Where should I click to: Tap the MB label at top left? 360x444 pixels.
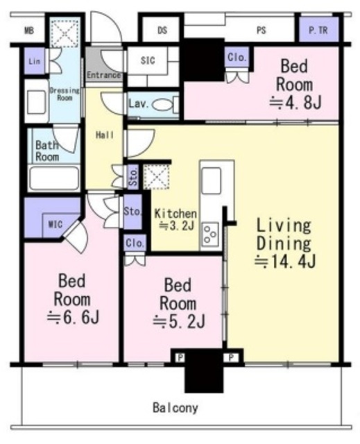29,31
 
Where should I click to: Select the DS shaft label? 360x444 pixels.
162,31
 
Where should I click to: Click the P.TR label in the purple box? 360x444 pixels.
318,31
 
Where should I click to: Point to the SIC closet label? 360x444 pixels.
148,60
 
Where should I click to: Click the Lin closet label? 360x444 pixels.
34,61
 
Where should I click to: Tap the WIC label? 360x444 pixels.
55,225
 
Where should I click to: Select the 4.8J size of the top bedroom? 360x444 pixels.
295,103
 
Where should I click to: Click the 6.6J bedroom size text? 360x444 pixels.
73,318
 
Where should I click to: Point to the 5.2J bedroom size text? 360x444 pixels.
179,322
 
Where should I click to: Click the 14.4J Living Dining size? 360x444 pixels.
284,262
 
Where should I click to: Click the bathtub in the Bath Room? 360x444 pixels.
54,178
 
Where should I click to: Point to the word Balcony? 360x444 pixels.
175,408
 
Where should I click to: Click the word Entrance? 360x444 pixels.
103,75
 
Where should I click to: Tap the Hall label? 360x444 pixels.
105,135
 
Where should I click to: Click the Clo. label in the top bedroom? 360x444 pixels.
237,58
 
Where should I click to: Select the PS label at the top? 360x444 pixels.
262,31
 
